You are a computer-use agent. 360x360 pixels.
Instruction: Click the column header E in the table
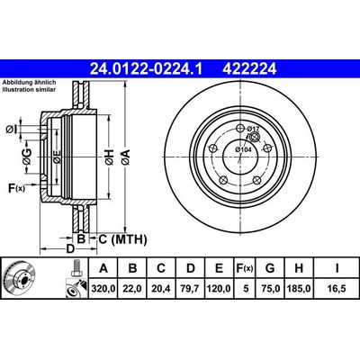point(218,268)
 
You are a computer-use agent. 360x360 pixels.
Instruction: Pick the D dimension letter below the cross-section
point(69,248)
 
